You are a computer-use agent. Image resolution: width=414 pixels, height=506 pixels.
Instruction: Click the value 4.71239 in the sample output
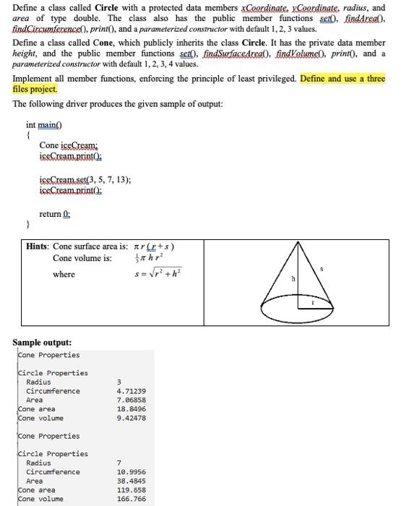tap(131, 391)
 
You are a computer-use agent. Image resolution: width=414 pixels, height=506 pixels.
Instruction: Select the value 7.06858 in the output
tap(131, 400)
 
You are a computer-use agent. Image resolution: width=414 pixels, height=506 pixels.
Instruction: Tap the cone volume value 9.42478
tap(131, 418)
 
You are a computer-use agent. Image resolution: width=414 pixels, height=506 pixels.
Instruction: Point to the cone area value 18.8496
tap(131, 409)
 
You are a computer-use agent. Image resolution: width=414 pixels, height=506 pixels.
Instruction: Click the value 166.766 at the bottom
tap(131, 499)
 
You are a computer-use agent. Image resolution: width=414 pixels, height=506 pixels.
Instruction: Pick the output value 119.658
tap(131, 489)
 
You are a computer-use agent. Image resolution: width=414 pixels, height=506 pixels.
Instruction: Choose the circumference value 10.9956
tap(131, 472)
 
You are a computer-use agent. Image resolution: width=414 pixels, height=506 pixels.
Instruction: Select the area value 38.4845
tap(131, 481)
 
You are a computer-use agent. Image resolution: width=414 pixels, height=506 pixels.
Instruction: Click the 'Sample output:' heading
tap(42, 342)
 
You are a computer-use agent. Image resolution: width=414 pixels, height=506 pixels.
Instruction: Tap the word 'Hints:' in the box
tap(38, 246)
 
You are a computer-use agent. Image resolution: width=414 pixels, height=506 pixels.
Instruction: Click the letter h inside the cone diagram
tap(293, 280)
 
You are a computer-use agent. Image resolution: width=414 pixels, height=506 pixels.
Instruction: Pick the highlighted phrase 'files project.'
tap(35, 89)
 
